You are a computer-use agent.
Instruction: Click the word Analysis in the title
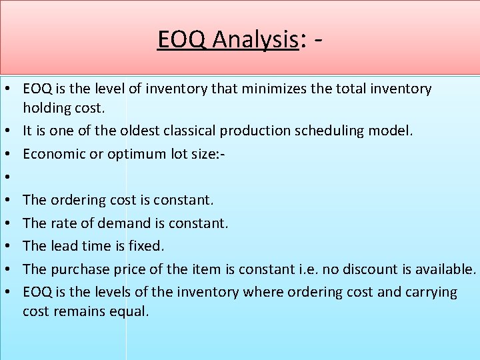pos(255,40)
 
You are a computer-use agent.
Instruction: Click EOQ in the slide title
pos(183,40)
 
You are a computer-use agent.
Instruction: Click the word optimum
pos(133,153)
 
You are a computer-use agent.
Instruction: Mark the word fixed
pos(147,246)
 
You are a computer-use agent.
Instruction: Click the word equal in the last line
pos(130,311)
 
